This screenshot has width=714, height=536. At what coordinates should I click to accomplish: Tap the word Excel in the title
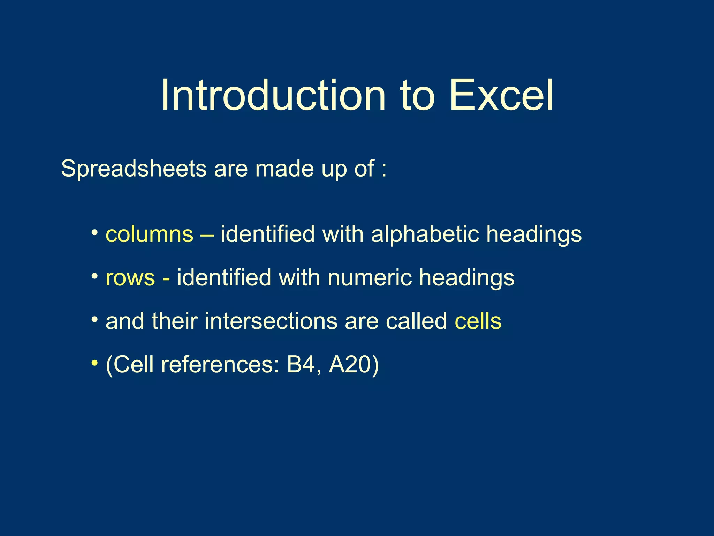pyautogui.click(x=501, y=95)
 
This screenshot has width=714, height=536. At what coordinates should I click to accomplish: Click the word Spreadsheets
pyautogui.click(x=134, y=169)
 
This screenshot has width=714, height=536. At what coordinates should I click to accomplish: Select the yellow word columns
pyautogui.click(x=149, y=234)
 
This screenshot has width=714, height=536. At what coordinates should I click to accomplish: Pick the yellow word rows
pyautogui.click(x=130, y=278)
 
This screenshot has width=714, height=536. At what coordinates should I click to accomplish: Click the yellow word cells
pyautogui.click(x=478, y=321)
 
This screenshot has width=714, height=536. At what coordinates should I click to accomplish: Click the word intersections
pyautogui.click(x=271, y=321)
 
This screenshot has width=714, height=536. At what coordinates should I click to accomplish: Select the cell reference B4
pyautogui.click(x=301, y=365)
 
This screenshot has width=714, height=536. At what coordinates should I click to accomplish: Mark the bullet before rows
pyautogui.click(x=94, y=276)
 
